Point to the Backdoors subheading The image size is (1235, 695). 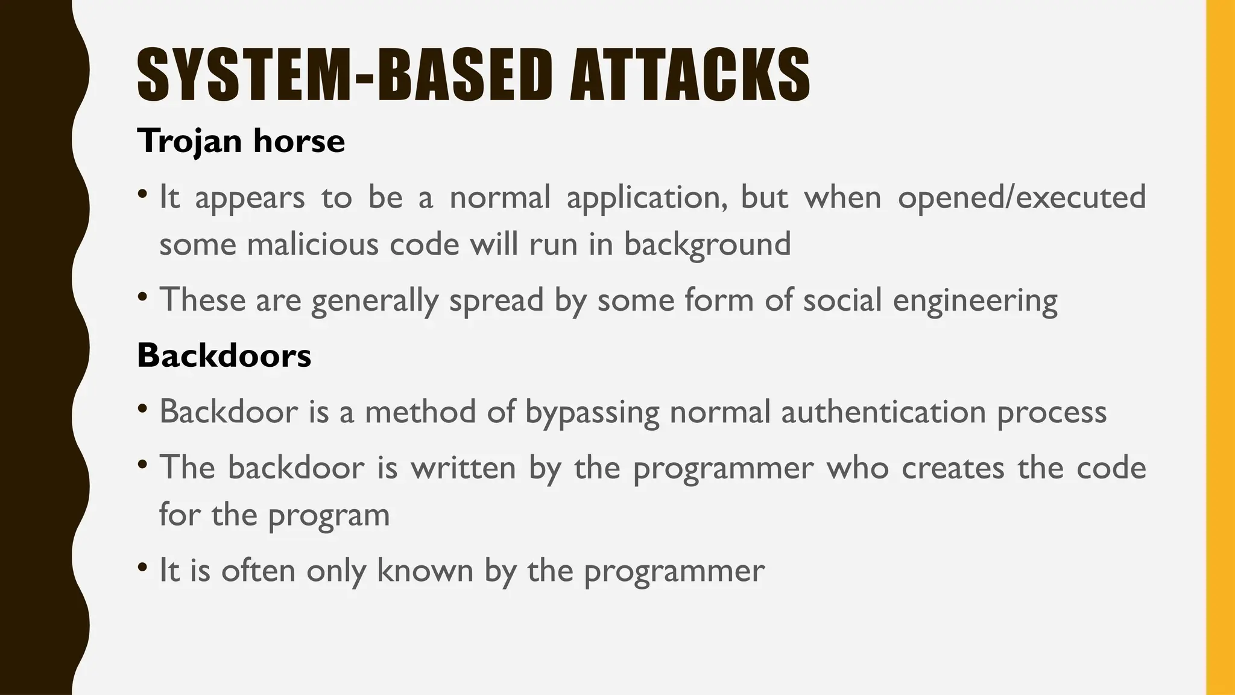pyautogui.click(x=224, y=355)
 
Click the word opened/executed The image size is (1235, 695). pyautogui.click(x=1022, y=197)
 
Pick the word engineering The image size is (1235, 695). pyautogui.click(x=975, y=301)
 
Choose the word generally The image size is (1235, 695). pyautogui.click(x=375, y=301)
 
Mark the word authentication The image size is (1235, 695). pyautogui.click(x=883, y=412)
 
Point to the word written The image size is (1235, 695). pyautogui.click(x=463, y=468)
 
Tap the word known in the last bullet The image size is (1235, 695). pyautogui.click(x=425, y=570)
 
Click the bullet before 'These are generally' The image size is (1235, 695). pyautogui.click(x=142, y=297)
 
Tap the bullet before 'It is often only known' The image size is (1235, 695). pyautogui.click(x=142, y=567)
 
